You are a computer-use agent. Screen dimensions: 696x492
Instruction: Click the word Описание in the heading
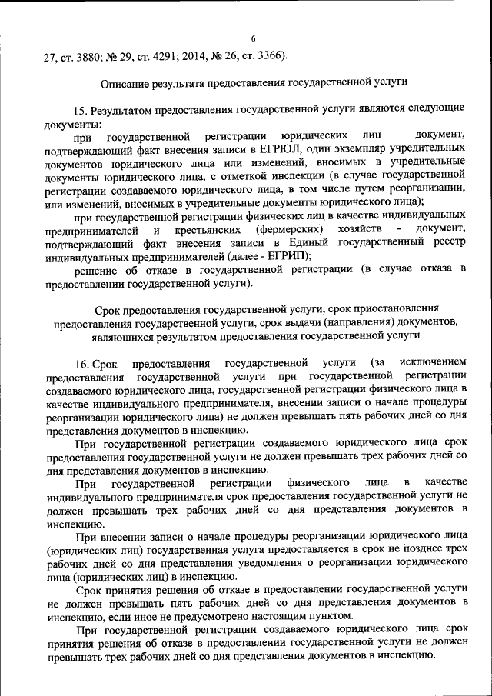(x=127, y=81)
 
